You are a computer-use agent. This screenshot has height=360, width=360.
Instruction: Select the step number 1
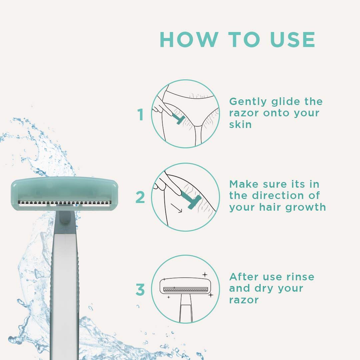coord(141,115)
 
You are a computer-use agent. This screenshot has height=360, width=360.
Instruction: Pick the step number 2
coord(140,197)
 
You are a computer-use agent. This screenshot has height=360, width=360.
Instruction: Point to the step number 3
coord(140,290)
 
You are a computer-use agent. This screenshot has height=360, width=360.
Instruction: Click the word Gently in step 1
coord(248,102)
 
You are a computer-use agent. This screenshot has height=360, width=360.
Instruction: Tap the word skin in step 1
coord(240,124)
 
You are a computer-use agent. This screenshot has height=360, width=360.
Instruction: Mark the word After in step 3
coord(244,277)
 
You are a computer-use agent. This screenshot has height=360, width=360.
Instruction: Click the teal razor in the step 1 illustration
coord(178,119)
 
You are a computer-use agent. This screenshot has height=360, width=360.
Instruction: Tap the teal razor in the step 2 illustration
coord(192,202)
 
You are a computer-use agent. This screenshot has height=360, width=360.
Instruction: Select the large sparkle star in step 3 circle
coord(204,274)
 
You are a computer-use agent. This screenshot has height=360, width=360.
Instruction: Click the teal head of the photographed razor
coord(64,190)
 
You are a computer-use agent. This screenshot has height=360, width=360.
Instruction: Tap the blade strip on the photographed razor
coord(64,203)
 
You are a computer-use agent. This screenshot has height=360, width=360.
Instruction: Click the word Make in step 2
coord(244,184)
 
